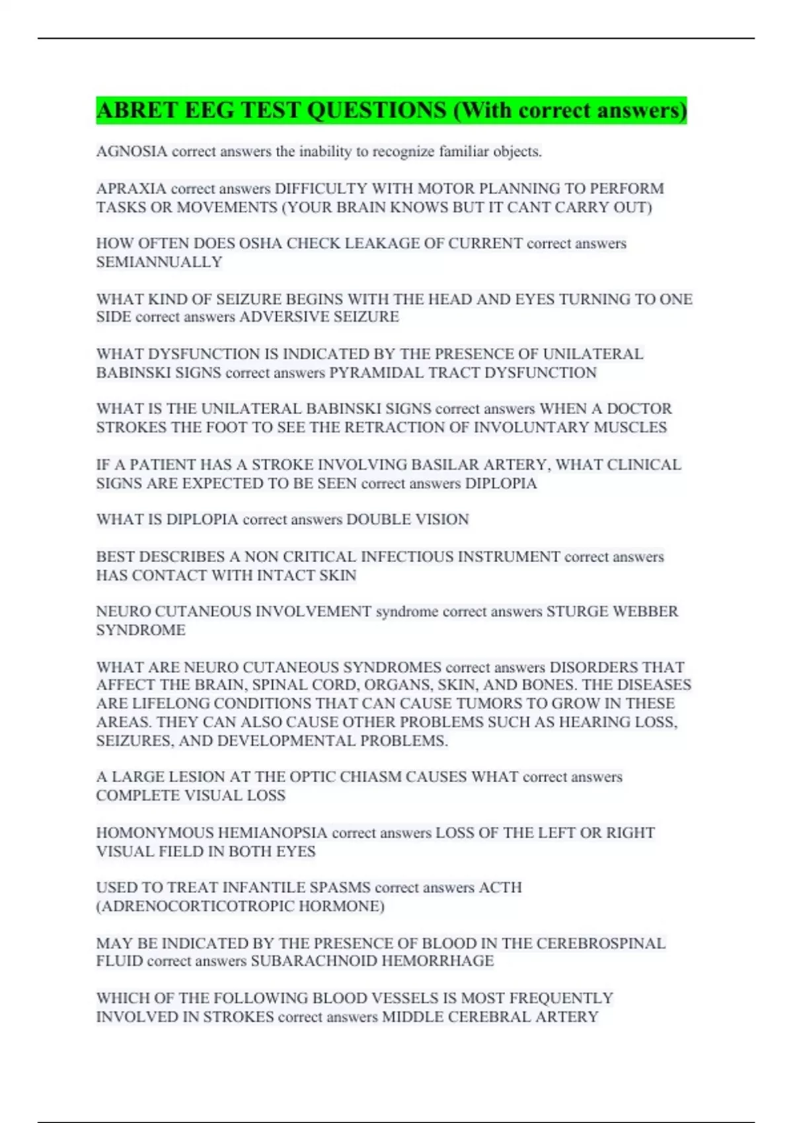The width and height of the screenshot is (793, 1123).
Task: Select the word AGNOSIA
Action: pyautogui.click(x=132, y=151)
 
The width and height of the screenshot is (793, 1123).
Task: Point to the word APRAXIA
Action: pyautogui.click(x=131, y=189)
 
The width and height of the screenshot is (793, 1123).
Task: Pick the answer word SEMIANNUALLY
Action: pyautogui.click(x=159, y=262)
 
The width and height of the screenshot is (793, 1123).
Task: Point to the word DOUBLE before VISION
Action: pyautogui.click(x=376, y=520)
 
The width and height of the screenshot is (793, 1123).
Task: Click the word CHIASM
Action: pyautogui.click(x=369, y=777)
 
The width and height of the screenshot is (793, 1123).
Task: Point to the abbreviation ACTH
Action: pyautogui.click(x=500, y=888)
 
